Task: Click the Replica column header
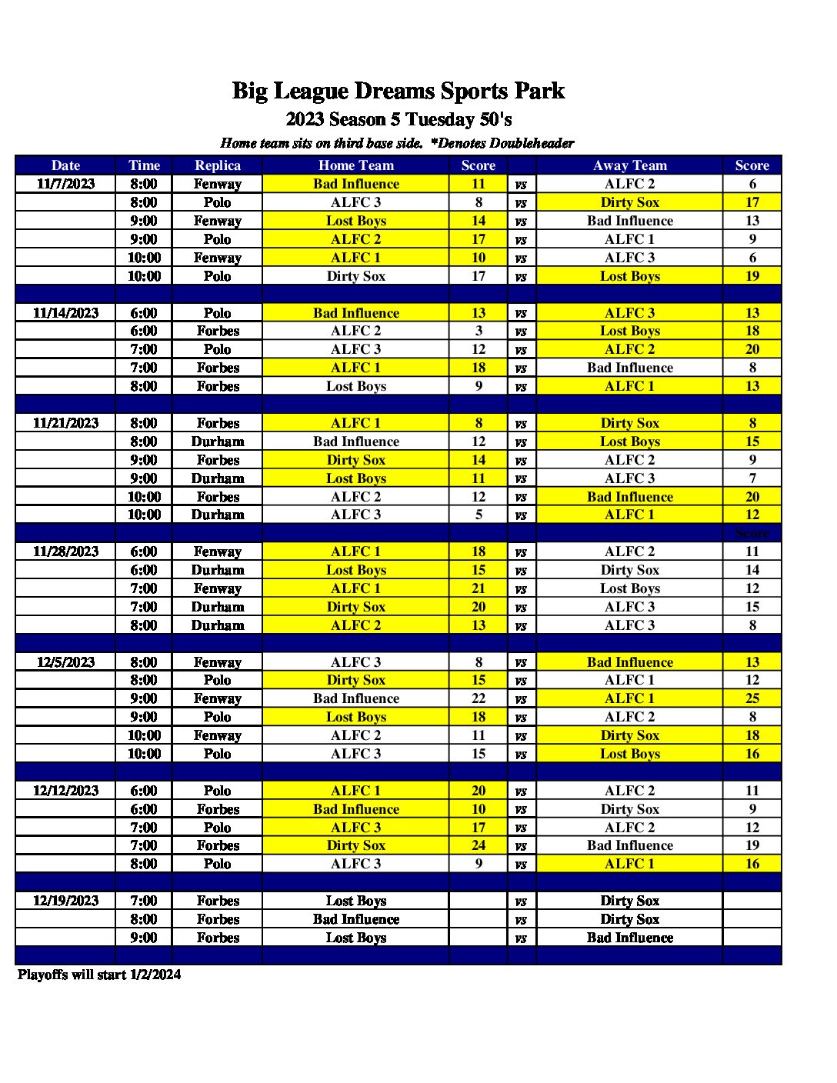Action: (218, 165)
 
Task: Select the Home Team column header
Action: (356, 165)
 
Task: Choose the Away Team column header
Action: (630, 165)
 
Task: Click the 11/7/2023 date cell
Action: (65, 184)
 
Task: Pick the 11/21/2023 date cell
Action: (65, 423)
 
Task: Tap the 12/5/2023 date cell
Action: (65, 662)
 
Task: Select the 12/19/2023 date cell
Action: (65, 901)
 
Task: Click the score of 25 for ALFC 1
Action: (752, 698)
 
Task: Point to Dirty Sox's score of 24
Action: (479, 845)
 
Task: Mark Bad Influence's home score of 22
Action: (479, 698)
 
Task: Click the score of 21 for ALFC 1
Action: (479, 588)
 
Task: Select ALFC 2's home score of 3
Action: (479, 331)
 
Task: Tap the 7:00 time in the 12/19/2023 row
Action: (144, 901)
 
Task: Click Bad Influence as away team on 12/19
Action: (630, 938)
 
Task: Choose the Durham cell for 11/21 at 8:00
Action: (218, 442)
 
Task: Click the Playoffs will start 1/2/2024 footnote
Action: (99, 975)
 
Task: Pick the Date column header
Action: (65, 165)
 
